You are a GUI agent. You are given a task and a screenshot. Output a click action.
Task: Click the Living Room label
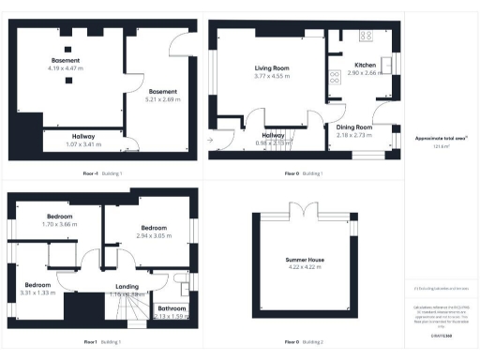[x=273, y=68]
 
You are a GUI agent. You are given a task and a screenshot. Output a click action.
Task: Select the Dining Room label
[x=354, y=127]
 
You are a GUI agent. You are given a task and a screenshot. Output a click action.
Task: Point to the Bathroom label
[x=171, y=307]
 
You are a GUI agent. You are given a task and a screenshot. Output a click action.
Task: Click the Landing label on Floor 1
[x=127, y=286]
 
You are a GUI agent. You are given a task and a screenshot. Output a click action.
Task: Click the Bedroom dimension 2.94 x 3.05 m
[x=154, y=236]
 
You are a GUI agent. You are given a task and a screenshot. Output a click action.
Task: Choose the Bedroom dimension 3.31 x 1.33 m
[x=37, y=292]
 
